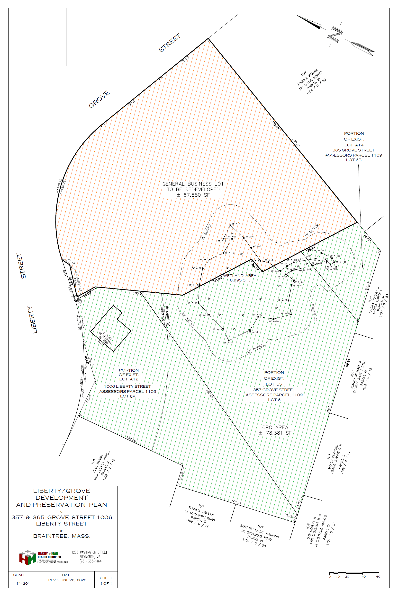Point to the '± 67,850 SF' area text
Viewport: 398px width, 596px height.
(x=193, y=195)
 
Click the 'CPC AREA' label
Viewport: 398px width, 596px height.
(x=275, y=427)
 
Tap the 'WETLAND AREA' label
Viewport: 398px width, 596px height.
(x=240, y=276)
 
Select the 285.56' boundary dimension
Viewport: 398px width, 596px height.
(x=275, y=125)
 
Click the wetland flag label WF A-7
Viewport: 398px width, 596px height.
(x=236, y=224)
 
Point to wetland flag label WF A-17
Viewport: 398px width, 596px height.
(x=228, y=343)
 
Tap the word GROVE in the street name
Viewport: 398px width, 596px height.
(x=99, y=99)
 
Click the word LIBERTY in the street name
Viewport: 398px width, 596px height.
(x=32, y=320)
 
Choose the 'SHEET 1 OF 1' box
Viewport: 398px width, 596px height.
(x=106, y=580)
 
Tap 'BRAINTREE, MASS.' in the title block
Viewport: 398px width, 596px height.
(x=62, y=536)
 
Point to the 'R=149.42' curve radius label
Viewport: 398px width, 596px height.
(x=59, y=186)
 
